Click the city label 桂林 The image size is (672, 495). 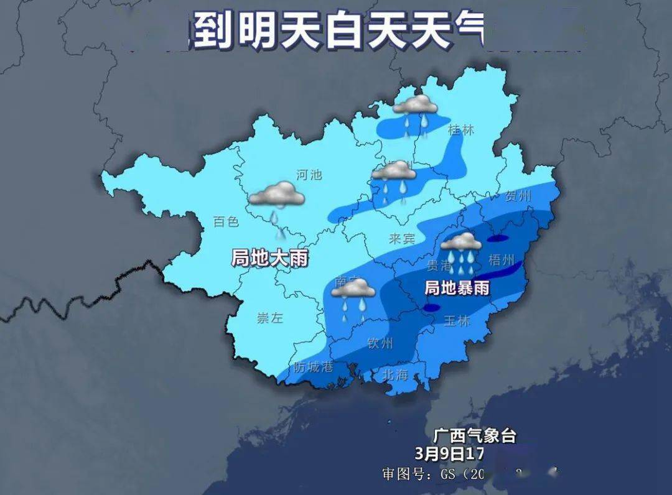pyautogui.click(x=460, y=130)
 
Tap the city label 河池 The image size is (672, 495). pyautogui.click(x=309, y=174)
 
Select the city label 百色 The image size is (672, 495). pyautogui.click(x=225, y=221)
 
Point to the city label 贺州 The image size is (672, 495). pyautogui.click(x=518, y=197)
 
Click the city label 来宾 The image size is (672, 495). pyautogui.click(x=401, y=238)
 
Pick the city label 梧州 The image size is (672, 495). pyautogui.click(x=502, y=259)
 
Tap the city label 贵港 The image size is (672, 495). pyautogui.click(x=439, y=266)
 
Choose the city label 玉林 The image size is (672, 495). pyautogui.click(x=457, y=321)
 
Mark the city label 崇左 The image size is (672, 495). pyautogui.click(x=269, y=318)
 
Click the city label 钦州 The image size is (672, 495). pyautogui.click(x=380, y=343)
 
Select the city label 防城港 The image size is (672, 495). pyautogui.click(x=314, y=367)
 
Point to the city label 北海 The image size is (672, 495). pyautogui.click(x=394, y=374)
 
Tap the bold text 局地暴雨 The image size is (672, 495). pyautogui.click(x=457, y=288)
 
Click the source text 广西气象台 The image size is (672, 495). pyautogui.click(x=475, y=435)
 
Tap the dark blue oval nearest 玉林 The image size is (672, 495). pyautogui.click(x=430, y=307)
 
